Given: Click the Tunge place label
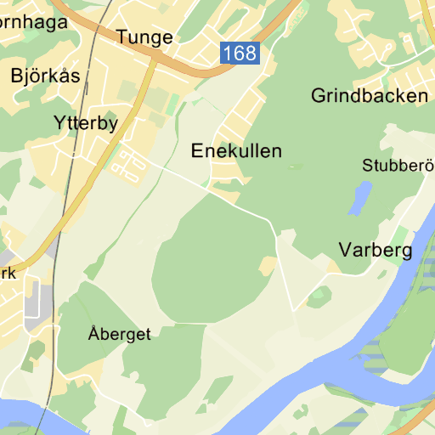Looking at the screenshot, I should tap(144, 37).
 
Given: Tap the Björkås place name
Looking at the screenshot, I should tap(46, 75).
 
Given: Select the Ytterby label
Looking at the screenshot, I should tap(85, 122).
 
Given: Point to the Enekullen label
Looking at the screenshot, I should tap(236, 151).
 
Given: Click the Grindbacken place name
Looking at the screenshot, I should tap(370, 95).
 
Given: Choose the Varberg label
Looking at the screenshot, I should tap(375, 250).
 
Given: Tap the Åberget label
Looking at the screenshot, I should tap(119, 334).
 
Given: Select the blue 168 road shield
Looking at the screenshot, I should tap(239, 54).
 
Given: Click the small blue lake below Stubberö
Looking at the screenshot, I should tap(360, 199).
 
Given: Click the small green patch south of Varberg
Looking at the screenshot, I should tap(319, 297).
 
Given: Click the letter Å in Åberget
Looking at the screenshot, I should tap(93, 333).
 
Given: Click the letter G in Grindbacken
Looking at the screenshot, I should tap(319, 95).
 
